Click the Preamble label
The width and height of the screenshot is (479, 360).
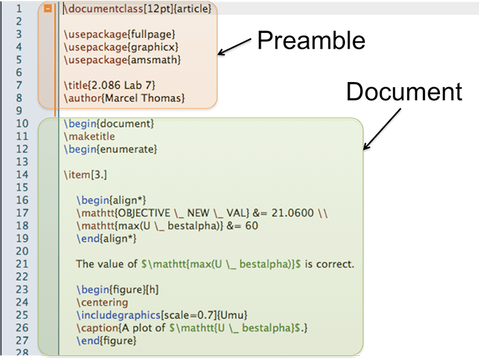311,40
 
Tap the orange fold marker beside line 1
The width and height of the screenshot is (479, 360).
47,9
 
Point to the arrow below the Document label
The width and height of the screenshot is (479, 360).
380,129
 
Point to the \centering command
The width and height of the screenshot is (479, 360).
103,302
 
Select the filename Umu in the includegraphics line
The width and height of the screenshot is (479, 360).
233,314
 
